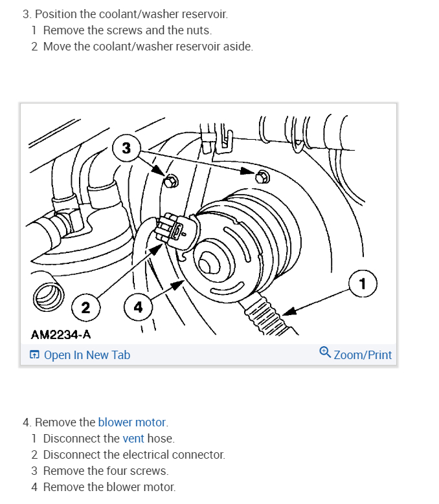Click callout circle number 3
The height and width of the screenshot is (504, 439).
point(126,148)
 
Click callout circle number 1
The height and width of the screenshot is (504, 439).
point(362,283)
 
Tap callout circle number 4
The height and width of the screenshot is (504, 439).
point(137,307)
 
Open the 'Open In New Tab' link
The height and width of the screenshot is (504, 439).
point(87,355)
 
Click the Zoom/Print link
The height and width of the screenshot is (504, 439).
point(363,355)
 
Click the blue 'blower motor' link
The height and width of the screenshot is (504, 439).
point(132,422)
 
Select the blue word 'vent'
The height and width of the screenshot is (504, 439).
point(133,438)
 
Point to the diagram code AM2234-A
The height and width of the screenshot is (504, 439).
point(61,334)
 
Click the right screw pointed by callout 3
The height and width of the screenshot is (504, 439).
point(262,175)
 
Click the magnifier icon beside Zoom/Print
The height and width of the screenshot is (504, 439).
point(325,353)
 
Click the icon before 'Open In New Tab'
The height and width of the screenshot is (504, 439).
point(35,355)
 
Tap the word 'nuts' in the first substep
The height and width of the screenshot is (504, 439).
point(198,30)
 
